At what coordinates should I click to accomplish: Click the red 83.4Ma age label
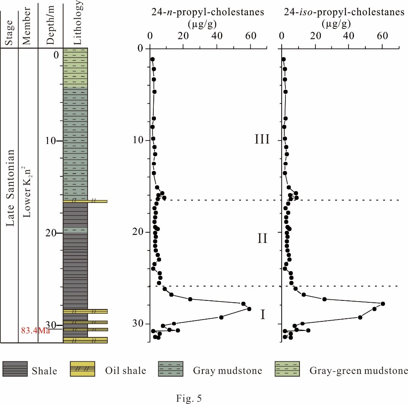pos(36,331)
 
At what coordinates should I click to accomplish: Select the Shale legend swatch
pos(15,369)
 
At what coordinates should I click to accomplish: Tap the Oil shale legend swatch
pos(82,369)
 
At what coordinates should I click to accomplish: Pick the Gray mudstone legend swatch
pos(171,369)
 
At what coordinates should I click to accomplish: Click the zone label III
pos(262,139)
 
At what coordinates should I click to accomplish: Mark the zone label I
pos(262,315)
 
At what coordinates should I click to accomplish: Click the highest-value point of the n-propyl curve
pos(249,309)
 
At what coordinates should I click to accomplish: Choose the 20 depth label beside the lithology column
pos(50,233)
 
